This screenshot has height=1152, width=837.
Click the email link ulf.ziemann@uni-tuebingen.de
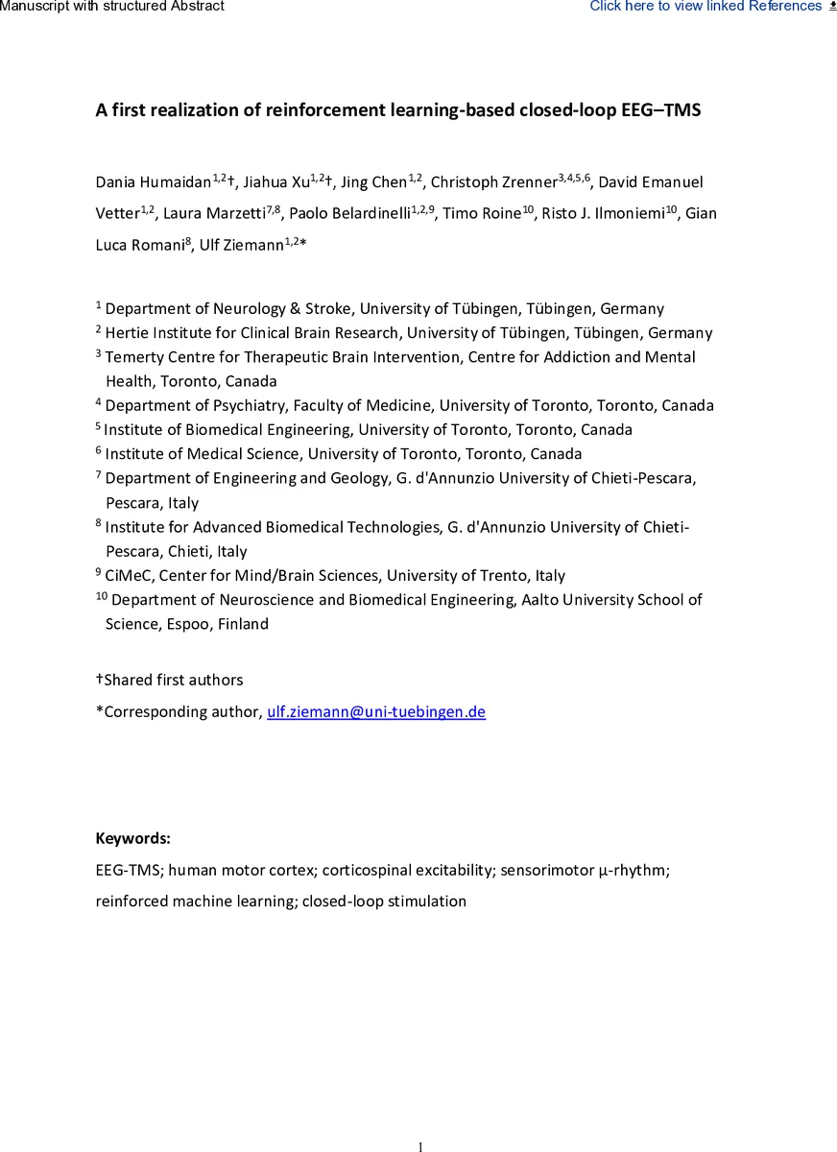[x=375, y=711]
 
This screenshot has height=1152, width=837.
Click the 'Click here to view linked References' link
[x=705, y=7]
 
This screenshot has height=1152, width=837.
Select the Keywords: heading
[x=132, y=838]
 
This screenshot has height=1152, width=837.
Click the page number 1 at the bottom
[x=419, y=1145]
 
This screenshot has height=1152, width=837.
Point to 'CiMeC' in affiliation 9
[x=126, y=576]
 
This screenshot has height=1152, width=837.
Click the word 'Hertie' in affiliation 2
[x=128, y=333]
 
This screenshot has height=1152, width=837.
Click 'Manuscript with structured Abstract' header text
[x=112, y=7]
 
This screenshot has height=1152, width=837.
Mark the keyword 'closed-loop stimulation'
[x=384, y=900]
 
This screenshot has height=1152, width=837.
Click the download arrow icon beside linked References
[x=831, y=6]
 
